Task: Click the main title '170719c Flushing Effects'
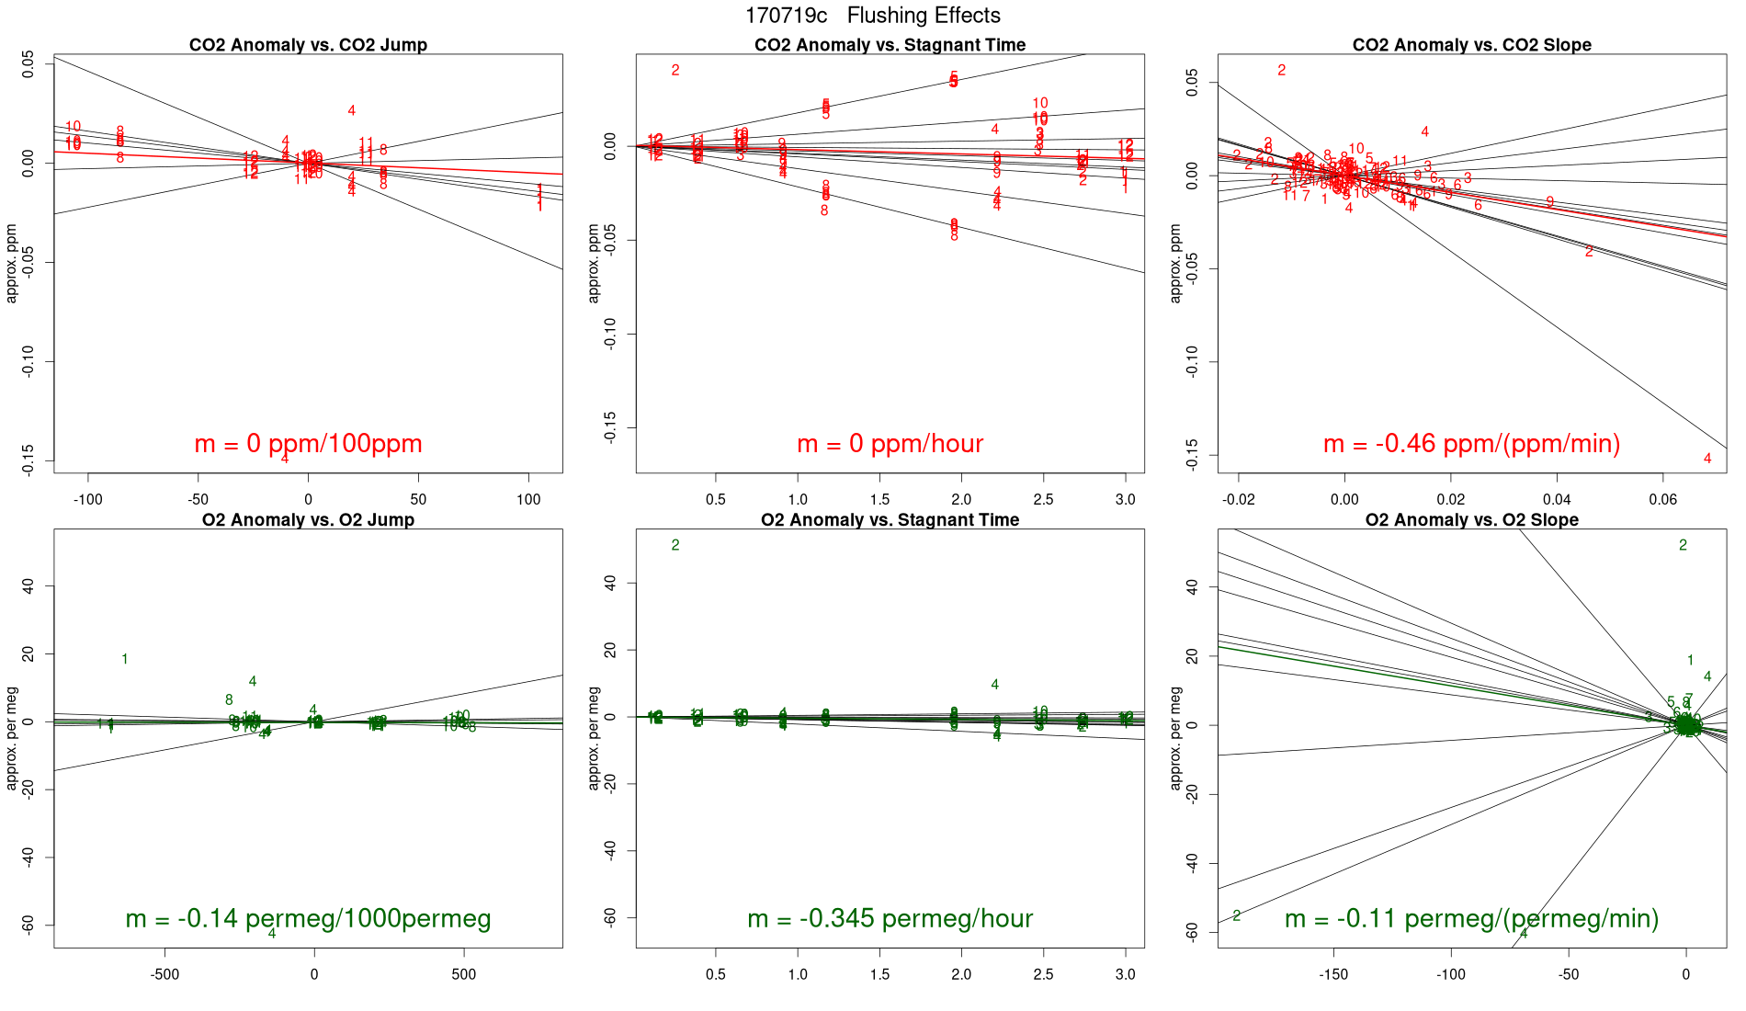tap(872, 16)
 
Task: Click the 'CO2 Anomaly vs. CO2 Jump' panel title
tap(308, 45)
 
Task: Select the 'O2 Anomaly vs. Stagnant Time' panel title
tap(890, 520)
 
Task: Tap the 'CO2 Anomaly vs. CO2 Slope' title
tap(1471, 45)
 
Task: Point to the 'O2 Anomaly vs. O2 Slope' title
tap(1471, 520)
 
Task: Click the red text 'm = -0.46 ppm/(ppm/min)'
tap(1471, 444)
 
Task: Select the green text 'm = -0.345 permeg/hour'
tap(890, 918)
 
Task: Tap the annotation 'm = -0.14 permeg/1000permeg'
tap(308, 918)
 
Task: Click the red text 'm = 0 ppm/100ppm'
tap(308, 444)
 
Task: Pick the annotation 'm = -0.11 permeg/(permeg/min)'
tap(1471, 918)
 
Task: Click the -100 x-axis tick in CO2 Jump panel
tap(88, 500)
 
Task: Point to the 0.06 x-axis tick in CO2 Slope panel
tap(1662, 500)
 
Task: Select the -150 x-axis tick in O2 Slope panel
tap(1333, 974)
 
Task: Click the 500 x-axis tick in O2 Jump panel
tap(464, 974)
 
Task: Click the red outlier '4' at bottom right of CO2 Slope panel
tap(1707, 459)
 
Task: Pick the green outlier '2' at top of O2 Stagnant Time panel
tap(675, 545)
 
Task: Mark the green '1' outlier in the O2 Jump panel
tap(125, 659)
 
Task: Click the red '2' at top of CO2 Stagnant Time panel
tap(675, 71)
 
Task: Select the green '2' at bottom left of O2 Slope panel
tap(1237, 915)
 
